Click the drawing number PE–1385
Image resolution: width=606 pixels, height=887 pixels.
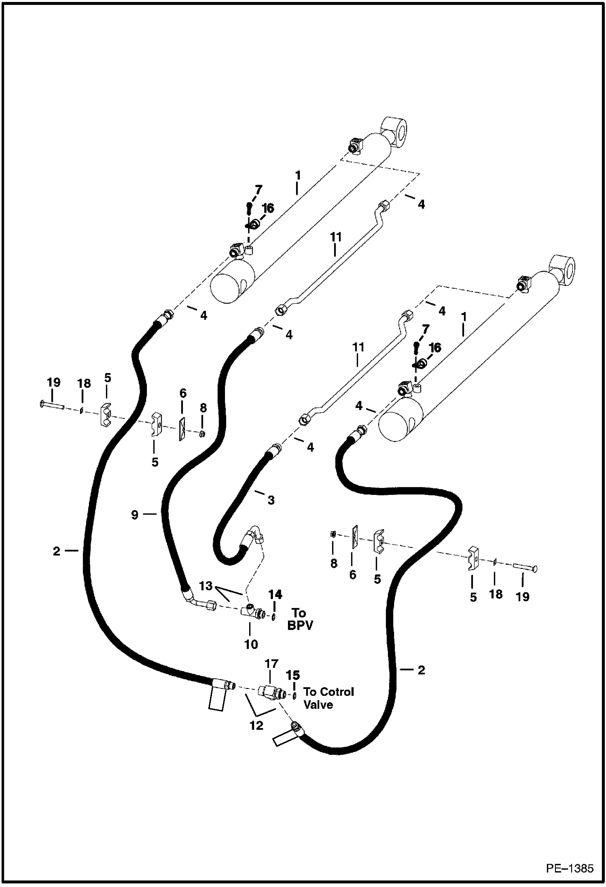[569, 868]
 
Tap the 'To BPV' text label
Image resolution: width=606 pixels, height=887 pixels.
[300, 619]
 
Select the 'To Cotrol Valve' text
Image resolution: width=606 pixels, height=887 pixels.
[328, 698]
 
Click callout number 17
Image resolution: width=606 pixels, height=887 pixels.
[271, 664]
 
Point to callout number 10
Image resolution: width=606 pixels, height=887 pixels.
[251, 644]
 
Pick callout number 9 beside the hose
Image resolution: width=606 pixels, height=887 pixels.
[135, 515]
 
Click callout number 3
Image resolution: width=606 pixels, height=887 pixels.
[271, 500]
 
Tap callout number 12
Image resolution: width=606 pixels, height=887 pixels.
[256, 725]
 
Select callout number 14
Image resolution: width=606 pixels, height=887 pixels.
[275, 594]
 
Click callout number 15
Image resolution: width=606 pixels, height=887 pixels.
[293, 675]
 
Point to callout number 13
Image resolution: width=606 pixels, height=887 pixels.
[206, 586]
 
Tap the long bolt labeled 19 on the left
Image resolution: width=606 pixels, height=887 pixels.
[52, 404]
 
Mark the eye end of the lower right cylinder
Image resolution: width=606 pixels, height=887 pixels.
[563, 268]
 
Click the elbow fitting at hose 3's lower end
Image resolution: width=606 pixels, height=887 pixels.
[253, 535]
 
